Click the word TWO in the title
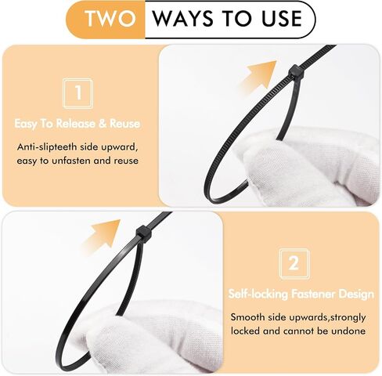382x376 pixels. (x=111, y=19)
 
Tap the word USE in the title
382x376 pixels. (x=282, y=19)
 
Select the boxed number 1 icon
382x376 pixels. (x=78, y=94)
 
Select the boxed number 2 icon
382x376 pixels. (x=294, y=264)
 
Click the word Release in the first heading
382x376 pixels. (x=76, y=124)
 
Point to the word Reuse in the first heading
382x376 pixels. (x=124, y=124)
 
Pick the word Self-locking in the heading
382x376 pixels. (x=258, y=295)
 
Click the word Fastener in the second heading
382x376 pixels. (x=313, y=294)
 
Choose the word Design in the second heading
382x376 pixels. (x=356, y=295)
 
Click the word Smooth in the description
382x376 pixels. (x=247, y=317)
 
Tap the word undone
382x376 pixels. (x=348, y=331)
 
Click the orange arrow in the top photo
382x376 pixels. (x=258, y=76)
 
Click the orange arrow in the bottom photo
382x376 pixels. (x=101, y=235)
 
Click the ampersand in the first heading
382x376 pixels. (x=103, y=124)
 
